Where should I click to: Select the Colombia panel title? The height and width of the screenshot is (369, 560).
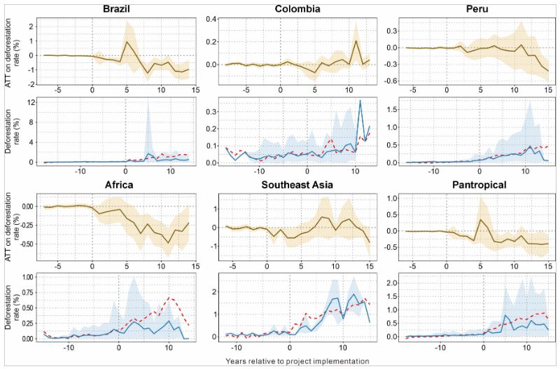point(288,9)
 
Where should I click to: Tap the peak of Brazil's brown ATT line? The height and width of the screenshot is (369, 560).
point(127,41)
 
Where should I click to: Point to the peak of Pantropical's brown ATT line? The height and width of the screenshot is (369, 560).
point(481,219)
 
